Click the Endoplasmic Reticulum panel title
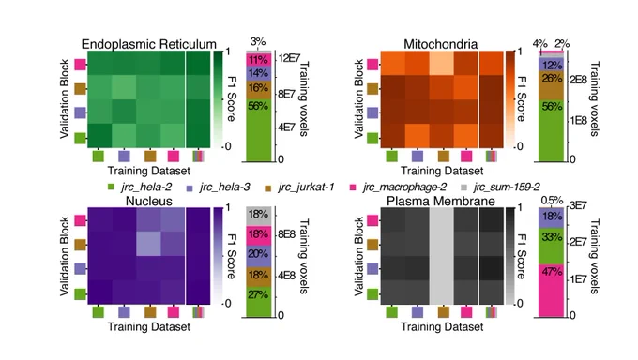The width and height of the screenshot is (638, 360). tap(149, 44)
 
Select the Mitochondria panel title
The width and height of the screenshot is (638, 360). tap(441, 44)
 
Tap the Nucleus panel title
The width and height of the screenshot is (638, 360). tap(149, 201)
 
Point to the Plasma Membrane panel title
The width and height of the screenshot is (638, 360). tap(441, 201)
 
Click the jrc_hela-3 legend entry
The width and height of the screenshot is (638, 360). tap(218, 187)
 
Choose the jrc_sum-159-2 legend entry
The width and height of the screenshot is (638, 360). tap(500, 187)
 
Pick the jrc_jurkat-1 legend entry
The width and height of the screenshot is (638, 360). tap(299, 187)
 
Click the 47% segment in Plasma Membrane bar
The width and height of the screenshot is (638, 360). tap(552, 291)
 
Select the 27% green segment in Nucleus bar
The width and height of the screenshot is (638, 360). tap(258, 302)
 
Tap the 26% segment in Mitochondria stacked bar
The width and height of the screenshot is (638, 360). tap(552, 85)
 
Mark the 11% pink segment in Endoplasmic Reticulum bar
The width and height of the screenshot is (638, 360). tap(258, 60)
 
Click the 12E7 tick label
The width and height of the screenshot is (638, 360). tap(289, 58)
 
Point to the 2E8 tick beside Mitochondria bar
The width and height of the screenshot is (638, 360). tap(578, 80)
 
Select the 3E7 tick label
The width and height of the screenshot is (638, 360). tap(578, 206)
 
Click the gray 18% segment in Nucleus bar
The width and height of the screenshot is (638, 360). tap(258, 217)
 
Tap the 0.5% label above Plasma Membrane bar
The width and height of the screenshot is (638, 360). tap(552, 200)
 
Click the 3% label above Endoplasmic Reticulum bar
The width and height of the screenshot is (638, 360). tap(258, 41)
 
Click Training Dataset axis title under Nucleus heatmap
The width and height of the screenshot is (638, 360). tap(149, 326)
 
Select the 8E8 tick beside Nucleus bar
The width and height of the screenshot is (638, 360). tap(286, 234)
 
